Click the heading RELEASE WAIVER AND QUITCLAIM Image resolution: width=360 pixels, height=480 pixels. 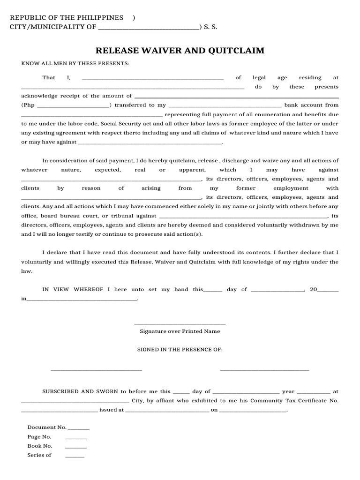(180, 51)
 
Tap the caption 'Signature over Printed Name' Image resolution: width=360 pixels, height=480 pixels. (180, 331)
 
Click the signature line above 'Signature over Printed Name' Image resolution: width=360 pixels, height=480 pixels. (180, 324)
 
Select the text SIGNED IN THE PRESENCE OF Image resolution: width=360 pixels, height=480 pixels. (180, 350)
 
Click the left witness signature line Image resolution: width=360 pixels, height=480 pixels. (96, 370)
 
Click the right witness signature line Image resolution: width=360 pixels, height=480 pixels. (264, 370)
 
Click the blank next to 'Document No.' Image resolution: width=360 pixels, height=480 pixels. (79, 429)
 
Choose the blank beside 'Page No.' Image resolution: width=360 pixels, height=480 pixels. (76, 438)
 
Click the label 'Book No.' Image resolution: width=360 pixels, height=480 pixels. (40, 446)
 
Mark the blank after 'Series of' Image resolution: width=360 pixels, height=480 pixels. (75, 457)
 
